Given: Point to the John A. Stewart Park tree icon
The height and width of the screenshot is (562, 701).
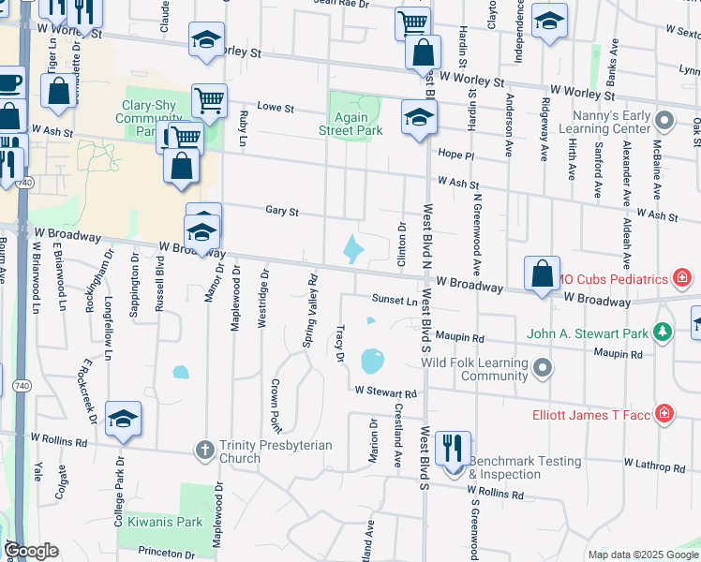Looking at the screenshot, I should pos(663,332).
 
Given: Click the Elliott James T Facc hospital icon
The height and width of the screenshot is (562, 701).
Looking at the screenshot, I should pos(664,412).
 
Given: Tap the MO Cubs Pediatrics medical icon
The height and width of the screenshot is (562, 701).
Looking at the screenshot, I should pos(683,278).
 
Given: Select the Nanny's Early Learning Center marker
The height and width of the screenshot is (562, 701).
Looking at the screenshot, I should pos(664,121).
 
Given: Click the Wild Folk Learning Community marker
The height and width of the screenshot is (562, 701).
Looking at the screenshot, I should pos(543,369).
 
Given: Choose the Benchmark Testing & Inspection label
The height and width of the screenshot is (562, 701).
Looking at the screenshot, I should pos(525,467).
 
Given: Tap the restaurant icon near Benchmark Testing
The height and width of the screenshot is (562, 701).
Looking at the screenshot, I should pos(453,448).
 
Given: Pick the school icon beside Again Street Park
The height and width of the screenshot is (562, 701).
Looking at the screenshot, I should pos(419,118).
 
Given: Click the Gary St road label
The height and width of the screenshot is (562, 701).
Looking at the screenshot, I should pos(281,213).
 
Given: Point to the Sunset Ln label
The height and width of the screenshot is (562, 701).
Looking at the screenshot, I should pos(394,301).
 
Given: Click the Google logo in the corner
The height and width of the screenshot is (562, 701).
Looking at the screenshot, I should pos(32,551).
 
